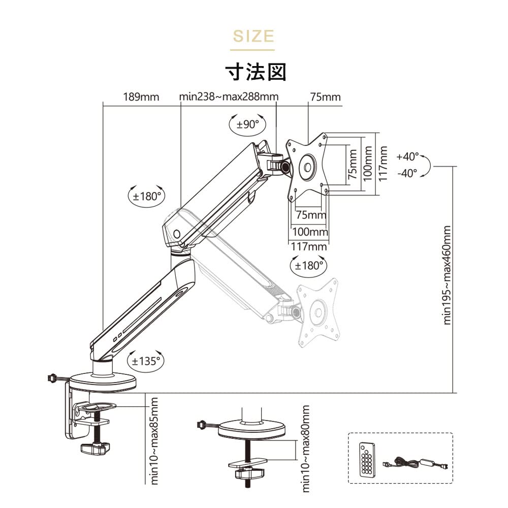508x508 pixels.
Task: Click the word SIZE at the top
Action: [x=252, y=37]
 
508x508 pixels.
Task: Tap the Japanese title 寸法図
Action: [x=256, y=72]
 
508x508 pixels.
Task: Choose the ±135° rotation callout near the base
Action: [x=146, y=361]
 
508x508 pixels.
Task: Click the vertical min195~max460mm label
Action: [x=447, y=275]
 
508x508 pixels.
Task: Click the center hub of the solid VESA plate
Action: [x=308, y=167]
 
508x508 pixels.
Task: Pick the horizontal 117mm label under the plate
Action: [x=309, y=246]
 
